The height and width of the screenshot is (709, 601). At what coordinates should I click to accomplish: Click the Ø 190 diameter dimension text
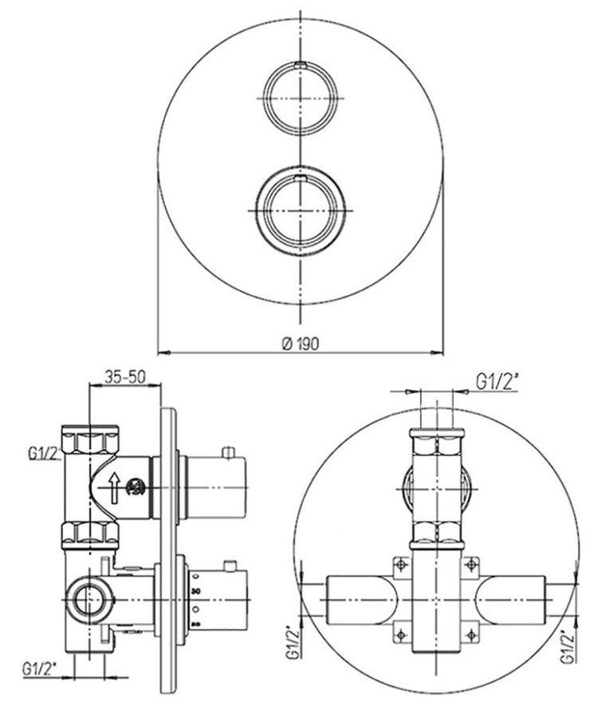(x=300, y=344)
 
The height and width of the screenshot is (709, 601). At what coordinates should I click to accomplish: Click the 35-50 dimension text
(x=126, y=376)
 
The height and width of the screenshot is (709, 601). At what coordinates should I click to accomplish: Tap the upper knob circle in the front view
(x=300, y=98)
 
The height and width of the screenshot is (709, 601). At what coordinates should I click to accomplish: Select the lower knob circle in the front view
(x=300, y=211)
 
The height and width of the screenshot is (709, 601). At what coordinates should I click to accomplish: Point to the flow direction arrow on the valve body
(x=114, y=487)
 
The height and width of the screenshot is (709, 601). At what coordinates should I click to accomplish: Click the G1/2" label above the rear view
(x=497, y=383)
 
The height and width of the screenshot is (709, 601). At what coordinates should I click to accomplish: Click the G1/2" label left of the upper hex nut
(x=45, y=453)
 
